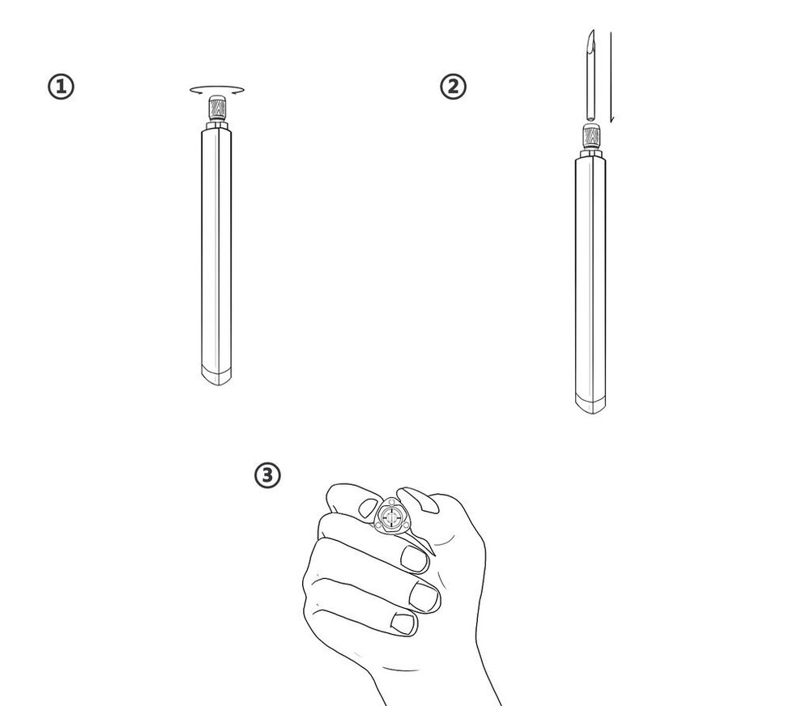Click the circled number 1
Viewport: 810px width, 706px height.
62,87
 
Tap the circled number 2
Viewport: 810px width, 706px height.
453,87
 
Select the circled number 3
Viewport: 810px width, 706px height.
267,475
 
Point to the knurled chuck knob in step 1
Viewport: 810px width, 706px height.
216,108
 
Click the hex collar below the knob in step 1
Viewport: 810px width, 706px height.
216,125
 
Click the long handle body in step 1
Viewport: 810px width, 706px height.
215,243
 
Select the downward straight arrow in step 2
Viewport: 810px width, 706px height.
611,77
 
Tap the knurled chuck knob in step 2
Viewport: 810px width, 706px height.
590,136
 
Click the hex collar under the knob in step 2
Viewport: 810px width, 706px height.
590,153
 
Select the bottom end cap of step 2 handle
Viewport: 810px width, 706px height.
590,403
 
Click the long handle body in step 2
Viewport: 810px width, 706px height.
590,275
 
